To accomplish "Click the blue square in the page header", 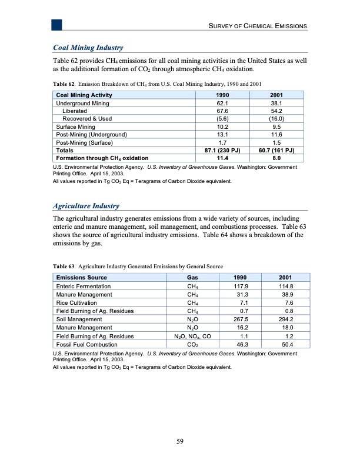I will click(x=56, y=24).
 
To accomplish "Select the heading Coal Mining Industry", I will click(x=88, y=47).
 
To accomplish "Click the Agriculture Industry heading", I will click(x=86, y=206).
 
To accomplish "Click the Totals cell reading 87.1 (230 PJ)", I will click(x=219, y=150).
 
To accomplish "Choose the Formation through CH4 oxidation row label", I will click(x=101, y=158).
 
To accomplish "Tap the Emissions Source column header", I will click(x=81, y=277).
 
